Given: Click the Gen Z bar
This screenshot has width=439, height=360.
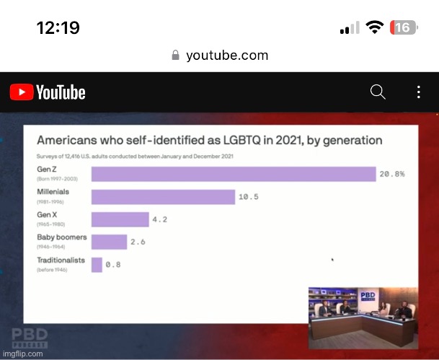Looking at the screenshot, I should pos(234,174).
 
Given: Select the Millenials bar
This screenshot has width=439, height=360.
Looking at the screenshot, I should pos(163,197).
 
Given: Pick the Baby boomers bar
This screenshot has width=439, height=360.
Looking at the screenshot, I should pos(109,242).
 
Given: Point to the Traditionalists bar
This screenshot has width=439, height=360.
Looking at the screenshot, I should pos(97,265).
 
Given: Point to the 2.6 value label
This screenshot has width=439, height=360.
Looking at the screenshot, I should pos(138,242).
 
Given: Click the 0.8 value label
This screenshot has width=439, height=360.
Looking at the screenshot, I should pos(113,265).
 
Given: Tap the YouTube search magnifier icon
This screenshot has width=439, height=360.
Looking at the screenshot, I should pos(377,92).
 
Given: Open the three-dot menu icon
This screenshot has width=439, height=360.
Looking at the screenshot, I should pos(419,92).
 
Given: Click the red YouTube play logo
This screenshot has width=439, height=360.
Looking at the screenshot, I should pos(21,92).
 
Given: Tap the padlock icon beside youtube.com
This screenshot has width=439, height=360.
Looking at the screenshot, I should pos(175,56).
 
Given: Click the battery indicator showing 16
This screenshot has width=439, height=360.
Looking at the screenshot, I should pos(403,27).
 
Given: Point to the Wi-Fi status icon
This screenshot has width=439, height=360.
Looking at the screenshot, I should pos(374,27).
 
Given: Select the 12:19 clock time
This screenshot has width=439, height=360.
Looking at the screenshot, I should pos(58,28).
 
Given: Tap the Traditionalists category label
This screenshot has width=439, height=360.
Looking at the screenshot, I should pos(61,260).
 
